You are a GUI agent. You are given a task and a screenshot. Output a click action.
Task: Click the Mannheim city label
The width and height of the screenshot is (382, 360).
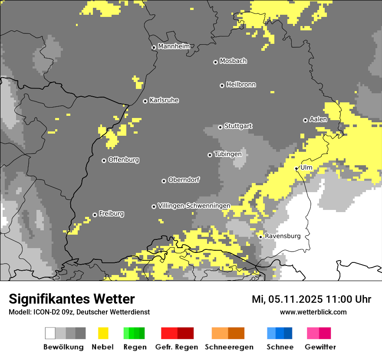(174, 46)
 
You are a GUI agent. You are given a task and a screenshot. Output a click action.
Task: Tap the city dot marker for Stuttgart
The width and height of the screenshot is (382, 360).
(220, 127)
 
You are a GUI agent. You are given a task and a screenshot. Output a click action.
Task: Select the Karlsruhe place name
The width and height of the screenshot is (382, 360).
(164, 100)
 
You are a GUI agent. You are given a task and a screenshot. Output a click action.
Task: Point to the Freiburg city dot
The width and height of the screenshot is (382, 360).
(95, 215)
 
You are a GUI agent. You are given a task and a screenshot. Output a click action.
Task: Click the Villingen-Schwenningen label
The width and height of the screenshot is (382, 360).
(194, 206)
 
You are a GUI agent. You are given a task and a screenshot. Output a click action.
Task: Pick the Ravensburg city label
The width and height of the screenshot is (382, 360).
(283, 236)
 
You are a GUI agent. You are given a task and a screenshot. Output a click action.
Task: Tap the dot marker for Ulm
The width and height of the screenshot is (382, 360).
(296, 168)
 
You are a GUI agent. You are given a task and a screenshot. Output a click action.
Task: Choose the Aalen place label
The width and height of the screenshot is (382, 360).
(318, 119)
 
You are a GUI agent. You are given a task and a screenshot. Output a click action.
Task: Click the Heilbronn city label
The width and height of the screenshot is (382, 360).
(241, 85)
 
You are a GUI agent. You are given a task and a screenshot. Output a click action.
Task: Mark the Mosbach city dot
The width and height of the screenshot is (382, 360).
(215, 62)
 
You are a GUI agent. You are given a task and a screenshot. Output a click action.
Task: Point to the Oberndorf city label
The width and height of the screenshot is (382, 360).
(184, 180)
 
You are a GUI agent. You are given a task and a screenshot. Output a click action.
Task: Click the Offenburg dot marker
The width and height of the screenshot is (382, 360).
(104, 160)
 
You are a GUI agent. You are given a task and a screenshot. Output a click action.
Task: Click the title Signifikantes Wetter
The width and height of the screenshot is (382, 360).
(72, 299)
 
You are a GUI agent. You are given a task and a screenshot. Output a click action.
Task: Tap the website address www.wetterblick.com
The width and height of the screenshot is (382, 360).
(313, 312)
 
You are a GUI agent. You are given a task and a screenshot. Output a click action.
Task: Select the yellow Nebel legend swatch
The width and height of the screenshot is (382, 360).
(103, 333)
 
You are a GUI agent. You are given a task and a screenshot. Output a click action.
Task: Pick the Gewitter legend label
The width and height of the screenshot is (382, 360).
(320, 347)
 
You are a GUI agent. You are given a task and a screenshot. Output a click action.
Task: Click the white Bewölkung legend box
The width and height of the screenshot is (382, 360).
(50, 333)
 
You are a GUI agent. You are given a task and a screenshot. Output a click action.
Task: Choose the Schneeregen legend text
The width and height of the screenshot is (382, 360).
(229, 347)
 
